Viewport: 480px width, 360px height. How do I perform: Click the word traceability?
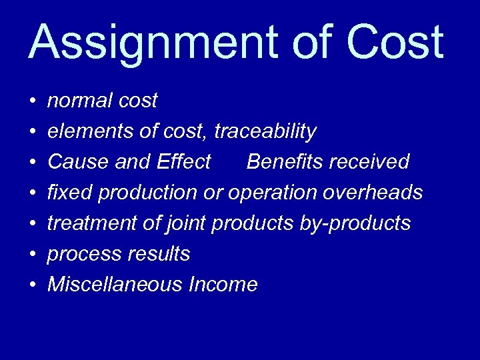coord(265,132)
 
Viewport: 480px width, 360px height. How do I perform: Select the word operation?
coord(273,193)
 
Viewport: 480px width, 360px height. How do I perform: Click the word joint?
coord(183,223)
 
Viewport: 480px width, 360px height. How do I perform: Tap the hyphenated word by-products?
coord(355,224)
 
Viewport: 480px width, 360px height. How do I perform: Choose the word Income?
coord(223,285)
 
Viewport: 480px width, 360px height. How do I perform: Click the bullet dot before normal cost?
coord(33,102)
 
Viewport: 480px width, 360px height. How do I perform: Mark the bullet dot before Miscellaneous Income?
coord(33,286)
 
